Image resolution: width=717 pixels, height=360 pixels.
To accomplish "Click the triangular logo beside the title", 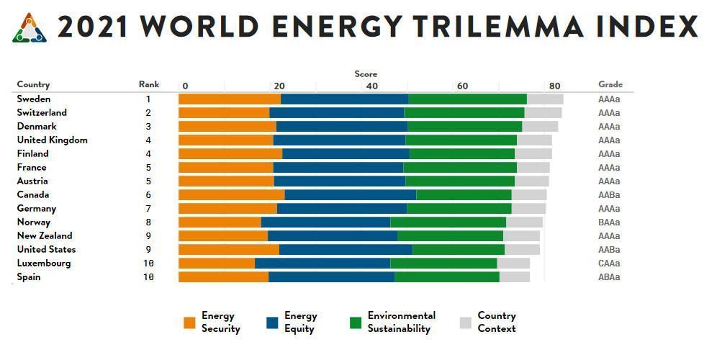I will click(x=30, y=28).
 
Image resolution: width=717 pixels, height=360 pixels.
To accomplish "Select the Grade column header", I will click(x=610, y=84).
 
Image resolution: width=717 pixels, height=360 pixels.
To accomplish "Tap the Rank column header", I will click(x=149, y=84).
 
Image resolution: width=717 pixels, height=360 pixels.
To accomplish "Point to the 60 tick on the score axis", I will click(x=462, y=86).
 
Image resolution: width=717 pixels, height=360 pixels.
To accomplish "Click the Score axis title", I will click(x=366, y=74).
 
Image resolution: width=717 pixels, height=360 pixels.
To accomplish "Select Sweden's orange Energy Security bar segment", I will click(x=230, y=99).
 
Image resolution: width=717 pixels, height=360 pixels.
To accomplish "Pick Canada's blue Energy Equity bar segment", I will click(x=351, y=195).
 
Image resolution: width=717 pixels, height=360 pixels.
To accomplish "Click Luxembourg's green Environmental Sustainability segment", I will click(x=443, y=264).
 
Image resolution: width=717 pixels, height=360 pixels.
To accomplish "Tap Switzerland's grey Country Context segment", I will click(x=543, y=113).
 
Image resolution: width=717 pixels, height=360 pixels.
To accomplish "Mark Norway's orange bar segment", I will click(x=220, y=222).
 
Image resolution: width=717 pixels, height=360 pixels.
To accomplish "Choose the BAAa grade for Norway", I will click(x=609, y=222).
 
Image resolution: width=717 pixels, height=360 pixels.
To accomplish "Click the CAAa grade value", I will click(x=609, y=264).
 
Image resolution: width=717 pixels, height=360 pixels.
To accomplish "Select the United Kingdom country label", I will click(x=52, y=140).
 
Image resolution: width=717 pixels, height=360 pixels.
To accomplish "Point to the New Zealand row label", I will click(x=45, y=236).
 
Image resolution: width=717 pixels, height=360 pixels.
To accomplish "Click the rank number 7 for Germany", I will click(x=148, y=209).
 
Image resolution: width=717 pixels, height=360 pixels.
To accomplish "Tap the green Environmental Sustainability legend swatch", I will click(x=355, y=323).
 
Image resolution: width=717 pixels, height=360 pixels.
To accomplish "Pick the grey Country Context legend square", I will click(x=464, y=323).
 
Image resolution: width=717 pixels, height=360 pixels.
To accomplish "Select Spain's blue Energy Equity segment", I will click(x=331, y=277).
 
